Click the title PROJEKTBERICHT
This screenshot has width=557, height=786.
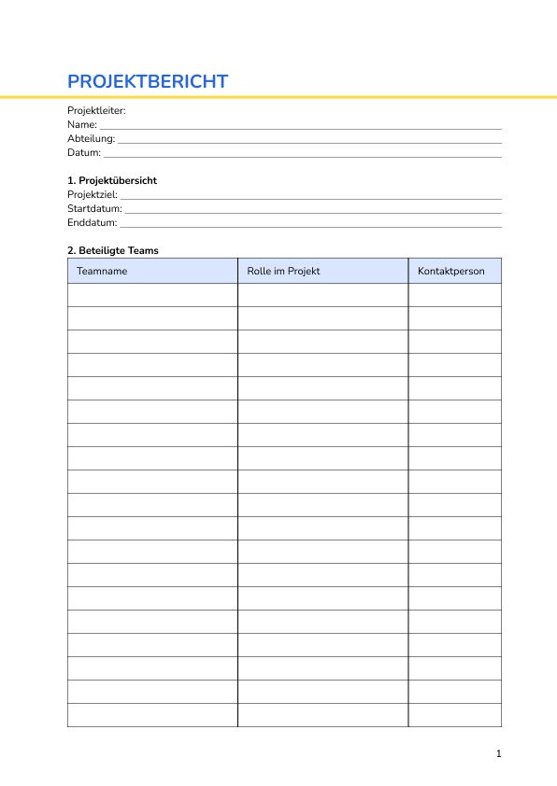coord(148,81)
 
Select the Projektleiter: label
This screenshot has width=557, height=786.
coord(96,110)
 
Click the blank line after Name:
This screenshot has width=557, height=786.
coord(299,126)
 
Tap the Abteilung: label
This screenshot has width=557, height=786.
coord(91,138)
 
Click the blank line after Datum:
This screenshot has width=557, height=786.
coord(301,154)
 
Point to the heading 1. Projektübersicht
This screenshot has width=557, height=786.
coord(119,180)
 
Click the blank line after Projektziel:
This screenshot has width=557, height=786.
coord(310,196)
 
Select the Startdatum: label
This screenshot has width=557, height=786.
coord(94,208)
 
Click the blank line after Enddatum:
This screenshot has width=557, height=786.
coord(310,224)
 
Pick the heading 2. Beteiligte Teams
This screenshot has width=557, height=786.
coord(113,250)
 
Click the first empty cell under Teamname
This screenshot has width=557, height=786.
coord(152,295)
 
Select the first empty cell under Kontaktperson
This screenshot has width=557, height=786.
coord(454,295)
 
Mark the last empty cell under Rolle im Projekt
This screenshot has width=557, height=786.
coord(322,715)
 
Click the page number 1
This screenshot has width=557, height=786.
coord(499,753)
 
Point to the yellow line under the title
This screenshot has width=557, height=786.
coord(278,96)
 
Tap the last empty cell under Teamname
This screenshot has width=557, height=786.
coord(152,715)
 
